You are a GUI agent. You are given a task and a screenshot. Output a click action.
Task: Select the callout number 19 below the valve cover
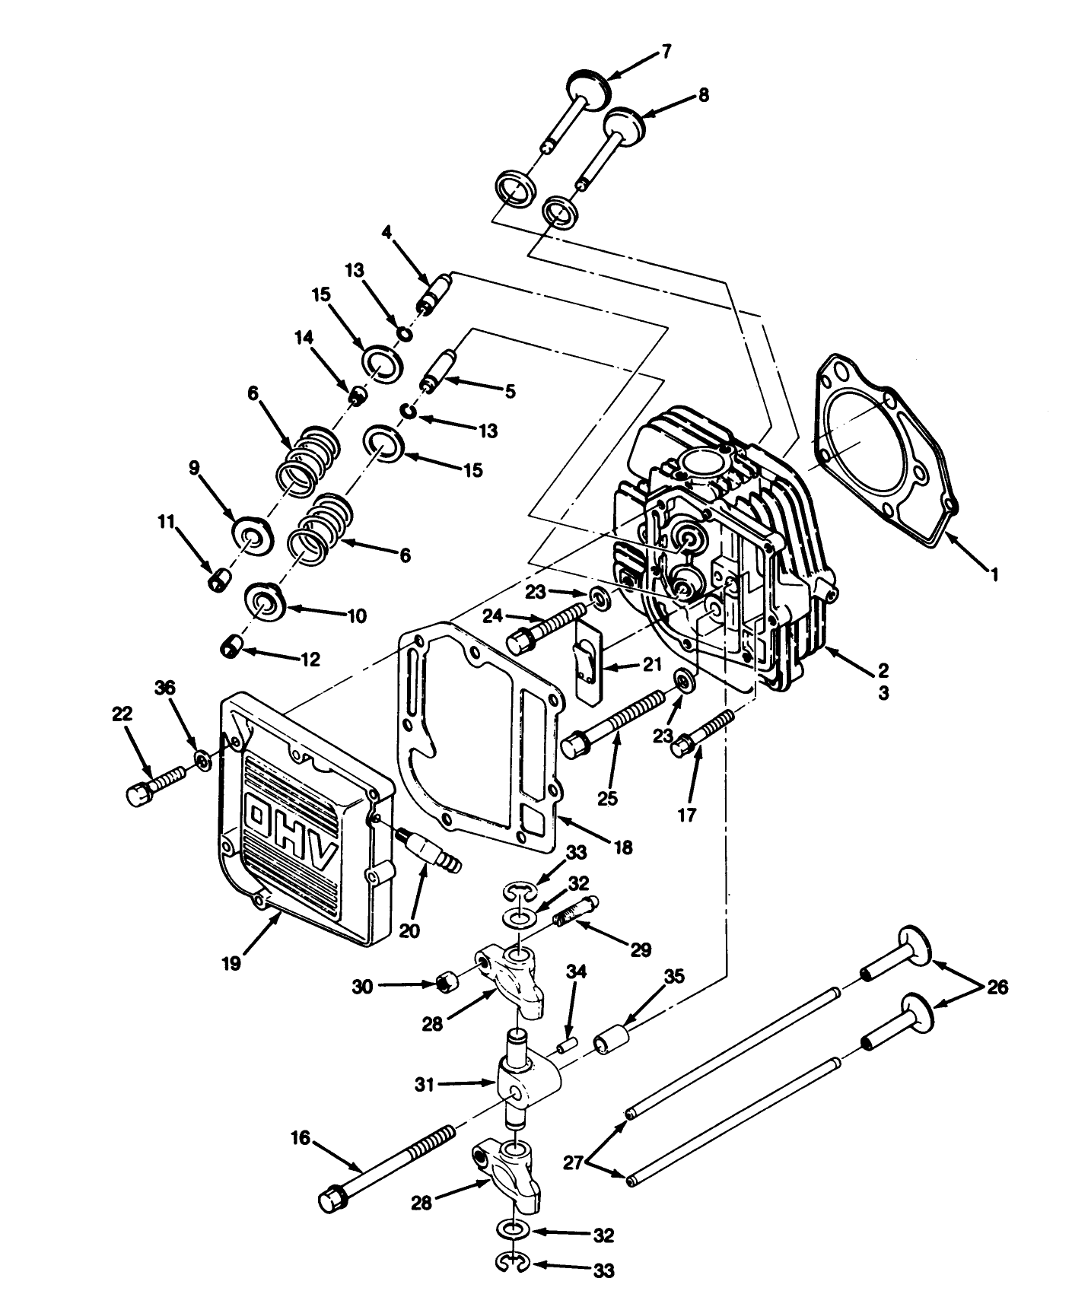tap(231, 962)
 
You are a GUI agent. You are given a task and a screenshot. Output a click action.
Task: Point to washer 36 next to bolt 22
tap(202, 759)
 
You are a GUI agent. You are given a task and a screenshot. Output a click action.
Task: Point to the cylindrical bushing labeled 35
tap(612, 1039)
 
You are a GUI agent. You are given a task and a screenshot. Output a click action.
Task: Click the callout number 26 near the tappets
tap(997, 987)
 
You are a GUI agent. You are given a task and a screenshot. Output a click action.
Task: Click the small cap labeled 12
tap(229, 648)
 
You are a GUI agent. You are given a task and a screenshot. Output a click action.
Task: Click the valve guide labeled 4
tap(435, 294)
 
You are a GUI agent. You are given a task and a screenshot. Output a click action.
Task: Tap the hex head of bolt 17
tap(681, 747)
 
